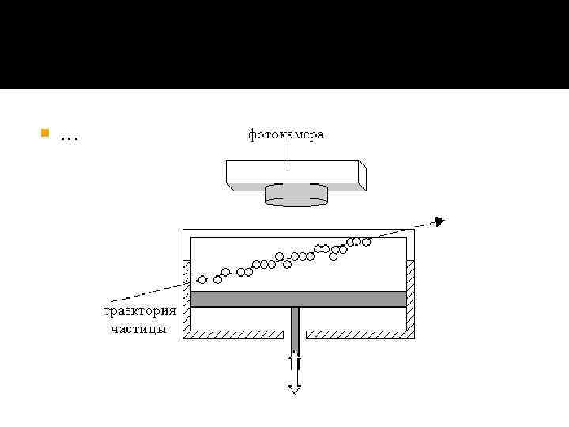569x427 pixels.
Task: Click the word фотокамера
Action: (x=286, y=135)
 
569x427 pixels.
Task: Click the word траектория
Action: (x=136, y=311)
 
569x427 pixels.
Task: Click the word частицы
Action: (x=139, y=328)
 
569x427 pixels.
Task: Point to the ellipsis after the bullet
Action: (x=69, y=138)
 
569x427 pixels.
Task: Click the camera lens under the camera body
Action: (x=296, y=194)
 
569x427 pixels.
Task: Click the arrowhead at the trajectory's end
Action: (x=440, y=221)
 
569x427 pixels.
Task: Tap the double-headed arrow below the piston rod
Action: (x=295, y=372)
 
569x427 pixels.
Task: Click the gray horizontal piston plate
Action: (x=298, y=298)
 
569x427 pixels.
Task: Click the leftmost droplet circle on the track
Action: (x=202, y=279)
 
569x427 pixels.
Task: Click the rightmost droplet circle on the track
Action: (x=366, y=241)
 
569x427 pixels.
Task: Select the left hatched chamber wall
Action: (x=187, y=297)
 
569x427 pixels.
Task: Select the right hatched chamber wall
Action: (x=410, y=297)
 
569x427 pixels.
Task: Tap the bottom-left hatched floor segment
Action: (x=234, y=334)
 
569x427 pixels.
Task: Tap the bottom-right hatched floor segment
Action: (x=360, y=334)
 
